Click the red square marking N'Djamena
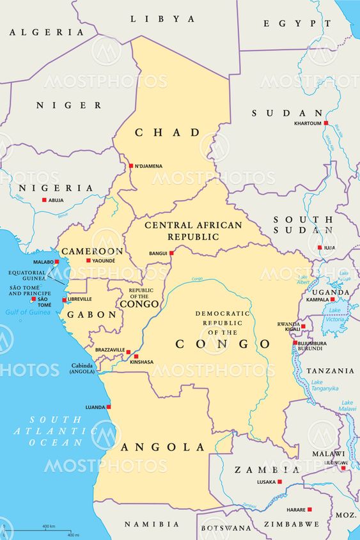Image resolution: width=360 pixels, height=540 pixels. pyautogui.click(x=130, y=166)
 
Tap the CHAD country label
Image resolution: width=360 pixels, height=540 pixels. pyautogui.click(x=167, y=132)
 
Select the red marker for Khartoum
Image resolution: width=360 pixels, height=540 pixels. pyautogui.click(x=325, y=123)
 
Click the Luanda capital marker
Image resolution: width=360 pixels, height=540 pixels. pyautogui.click(x=109, y=406)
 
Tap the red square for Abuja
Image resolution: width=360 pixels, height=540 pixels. pyautogui.click(x=44, y=200)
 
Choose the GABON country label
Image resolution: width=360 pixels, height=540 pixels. pyautogui.click(x=93, y=315)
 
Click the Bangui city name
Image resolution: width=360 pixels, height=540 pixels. pyautogui.click(x=158, y=254)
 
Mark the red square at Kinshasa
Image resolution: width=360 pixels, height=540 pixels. pyautogui.click(x=136, y=357)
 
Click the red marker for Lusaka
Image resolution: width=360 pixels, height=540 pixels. pyautogui.click(x=279, y=482)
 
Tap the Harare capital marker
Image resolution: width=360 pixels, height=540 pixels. pyautogui.click(x=309, y=509)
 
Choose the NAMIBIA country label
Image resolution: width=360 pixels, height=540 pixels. pyautogui.click(x=152, y=525)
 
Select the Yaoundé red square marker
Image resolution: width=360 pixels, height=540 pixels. pyautogui.click(x=88, y=260)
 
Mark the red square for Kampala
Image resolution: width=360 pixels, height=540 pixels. pyautogui.click(x=332, y=299)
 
